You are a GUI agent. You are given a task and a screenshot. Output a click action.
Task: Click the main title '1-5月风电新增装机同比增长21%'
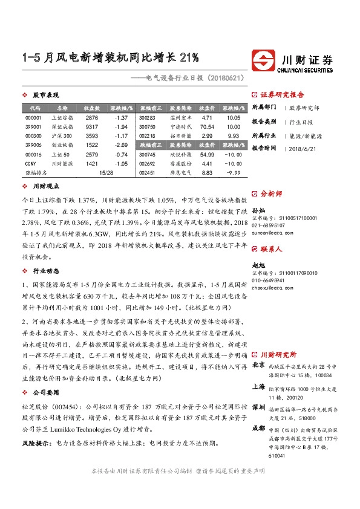coord(110,59)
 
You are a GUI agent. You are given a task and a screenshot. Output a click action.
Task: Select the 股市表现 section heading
coord(45,96)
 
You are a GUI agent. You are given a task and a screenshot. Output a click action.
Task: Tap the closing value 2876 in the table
coord(92,117)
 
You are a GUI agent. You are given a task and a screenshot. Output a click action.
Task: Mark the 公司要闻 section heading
coord(45,375)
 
